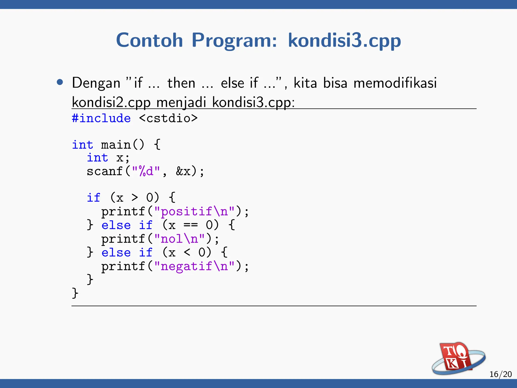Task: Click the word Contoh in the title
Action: (x=149, y=40)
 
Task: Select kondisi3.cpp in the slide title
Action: (x=344, y=40)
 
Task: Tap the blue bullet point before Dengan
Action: (x=60, y=82)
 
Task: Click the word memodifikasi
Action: (x=395, y=83)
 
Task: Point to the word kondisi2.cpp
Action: (x=111, y=102)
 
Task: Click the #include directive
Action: (x=101, y=118)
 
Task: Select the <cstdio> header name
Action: (x=168, y=118)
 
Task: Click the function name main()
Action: (x=122, y=145)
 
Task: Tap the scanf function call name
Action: (x=105, y=171)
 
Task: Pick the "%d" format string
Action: (x=146, y=171)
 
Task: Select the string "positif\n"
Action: (x=194, y=211)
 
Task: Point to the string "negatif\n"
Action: (x=194, y=266)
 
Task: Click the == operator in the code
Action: (x=191, y=225)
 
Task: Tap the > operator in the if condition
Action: (x=135, y=198)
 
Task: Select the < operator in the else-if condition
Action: (x=187, y=252)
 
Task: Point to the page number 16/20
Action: (x=500, y=374)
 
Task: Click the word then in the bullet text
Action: (x=181, y=83)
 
